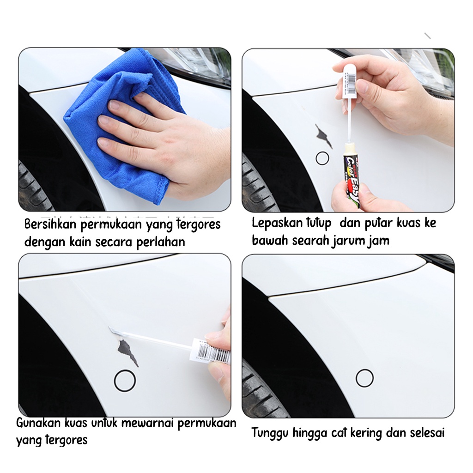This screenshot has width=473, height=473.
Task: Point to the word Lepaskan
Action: coord(277,224)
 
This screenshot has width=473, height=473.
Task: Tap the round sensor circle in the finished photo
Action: coord(365,370)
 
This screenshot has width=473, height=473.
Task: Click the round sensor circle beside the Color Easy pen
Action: coord(322,152)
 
